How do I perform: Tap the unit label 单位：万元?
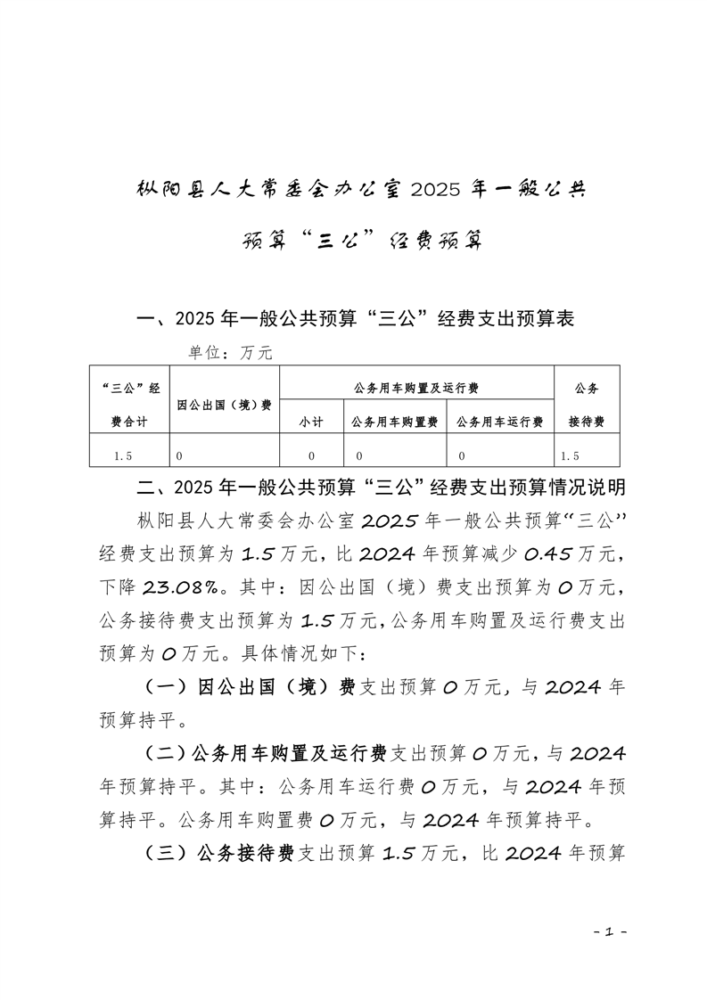pyautogui.click(x=229, y=353)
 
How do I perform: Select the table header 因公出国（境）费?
pyautogui.click(x=224, y=406)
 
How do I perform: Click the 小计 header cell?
pyautogui.click(x=310, y=422)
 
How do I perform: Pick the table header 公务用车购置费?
pyautogui.click(x=394, y=422)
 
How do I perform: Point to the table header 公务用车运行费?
pyautogui.click(x=499, y=422)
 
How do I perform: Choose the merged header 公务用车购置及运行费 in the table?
pyautogui.click(x=416, y=389)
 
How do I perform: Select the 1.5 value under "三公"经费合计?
pyautogui.click(x=124, y=455)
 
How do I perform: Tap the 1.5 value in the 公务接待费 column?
pyautogui.click(x=571, y=455)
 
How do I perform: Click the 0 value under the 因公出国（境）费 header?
pyautogui.click(x=179, y=455)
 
